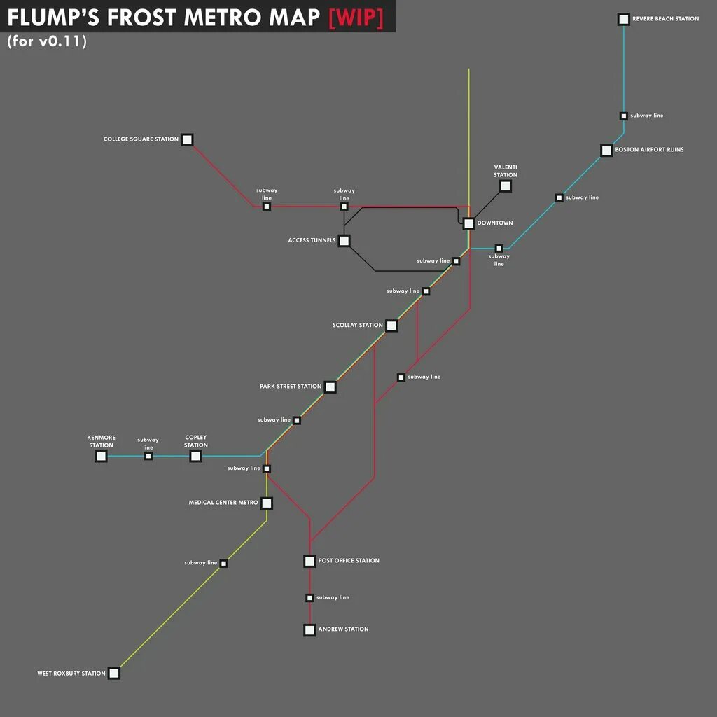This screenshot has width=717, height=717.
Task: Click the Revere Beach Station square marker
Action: click(x=623, y=20)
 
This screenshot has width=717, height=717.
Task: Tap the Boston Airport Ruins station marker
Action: click(x=606, y=151)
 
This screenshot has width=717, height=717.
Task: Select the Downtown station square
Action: click(x=468, y=223)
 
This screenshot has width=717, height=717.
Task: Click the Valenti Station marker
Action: click(x=505, y=186)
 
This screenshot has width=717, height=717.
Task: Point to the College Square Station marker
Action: click(x=187, y=139)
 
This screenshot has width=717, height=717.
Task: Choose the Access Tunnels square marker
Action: click(x=344, y=241)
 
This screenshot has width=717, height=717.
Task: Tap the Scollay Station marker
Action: click(x=391, y=326)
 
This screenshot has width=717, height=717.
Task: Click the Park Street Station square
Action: click(x=330, y=387)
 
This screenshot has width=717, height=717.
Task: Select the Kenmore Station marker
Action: click(x=101, y=456)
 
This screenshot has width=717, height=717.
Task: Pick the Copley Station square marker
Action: click(x=195, y=456)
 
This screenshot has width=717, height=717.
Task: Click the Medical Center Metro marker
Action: click(x=266, y=503)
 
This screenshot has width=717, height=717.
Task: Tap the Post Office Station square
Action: click(x=309, y=561)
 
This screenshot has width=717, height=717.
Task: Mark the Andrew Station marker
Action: click(x=309, y=630)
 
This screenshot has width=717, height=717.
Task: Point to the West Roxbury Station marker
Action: click(x=114, y=674)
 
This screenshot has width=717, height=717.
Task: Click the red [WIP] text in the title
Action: click(x=356, y=18)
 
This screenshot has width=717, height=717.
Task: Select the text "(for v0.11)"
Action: click(x=47, y=41)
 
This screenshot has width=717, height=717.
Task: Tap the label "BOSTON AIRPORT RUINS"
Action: click(x=649, y=150)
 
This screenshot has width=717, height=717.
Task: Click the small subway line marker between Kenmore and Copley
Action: click(x=148, y=456)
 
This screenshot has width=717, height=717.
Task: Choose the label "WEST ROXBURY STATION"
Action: click(x=71, y=674)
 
